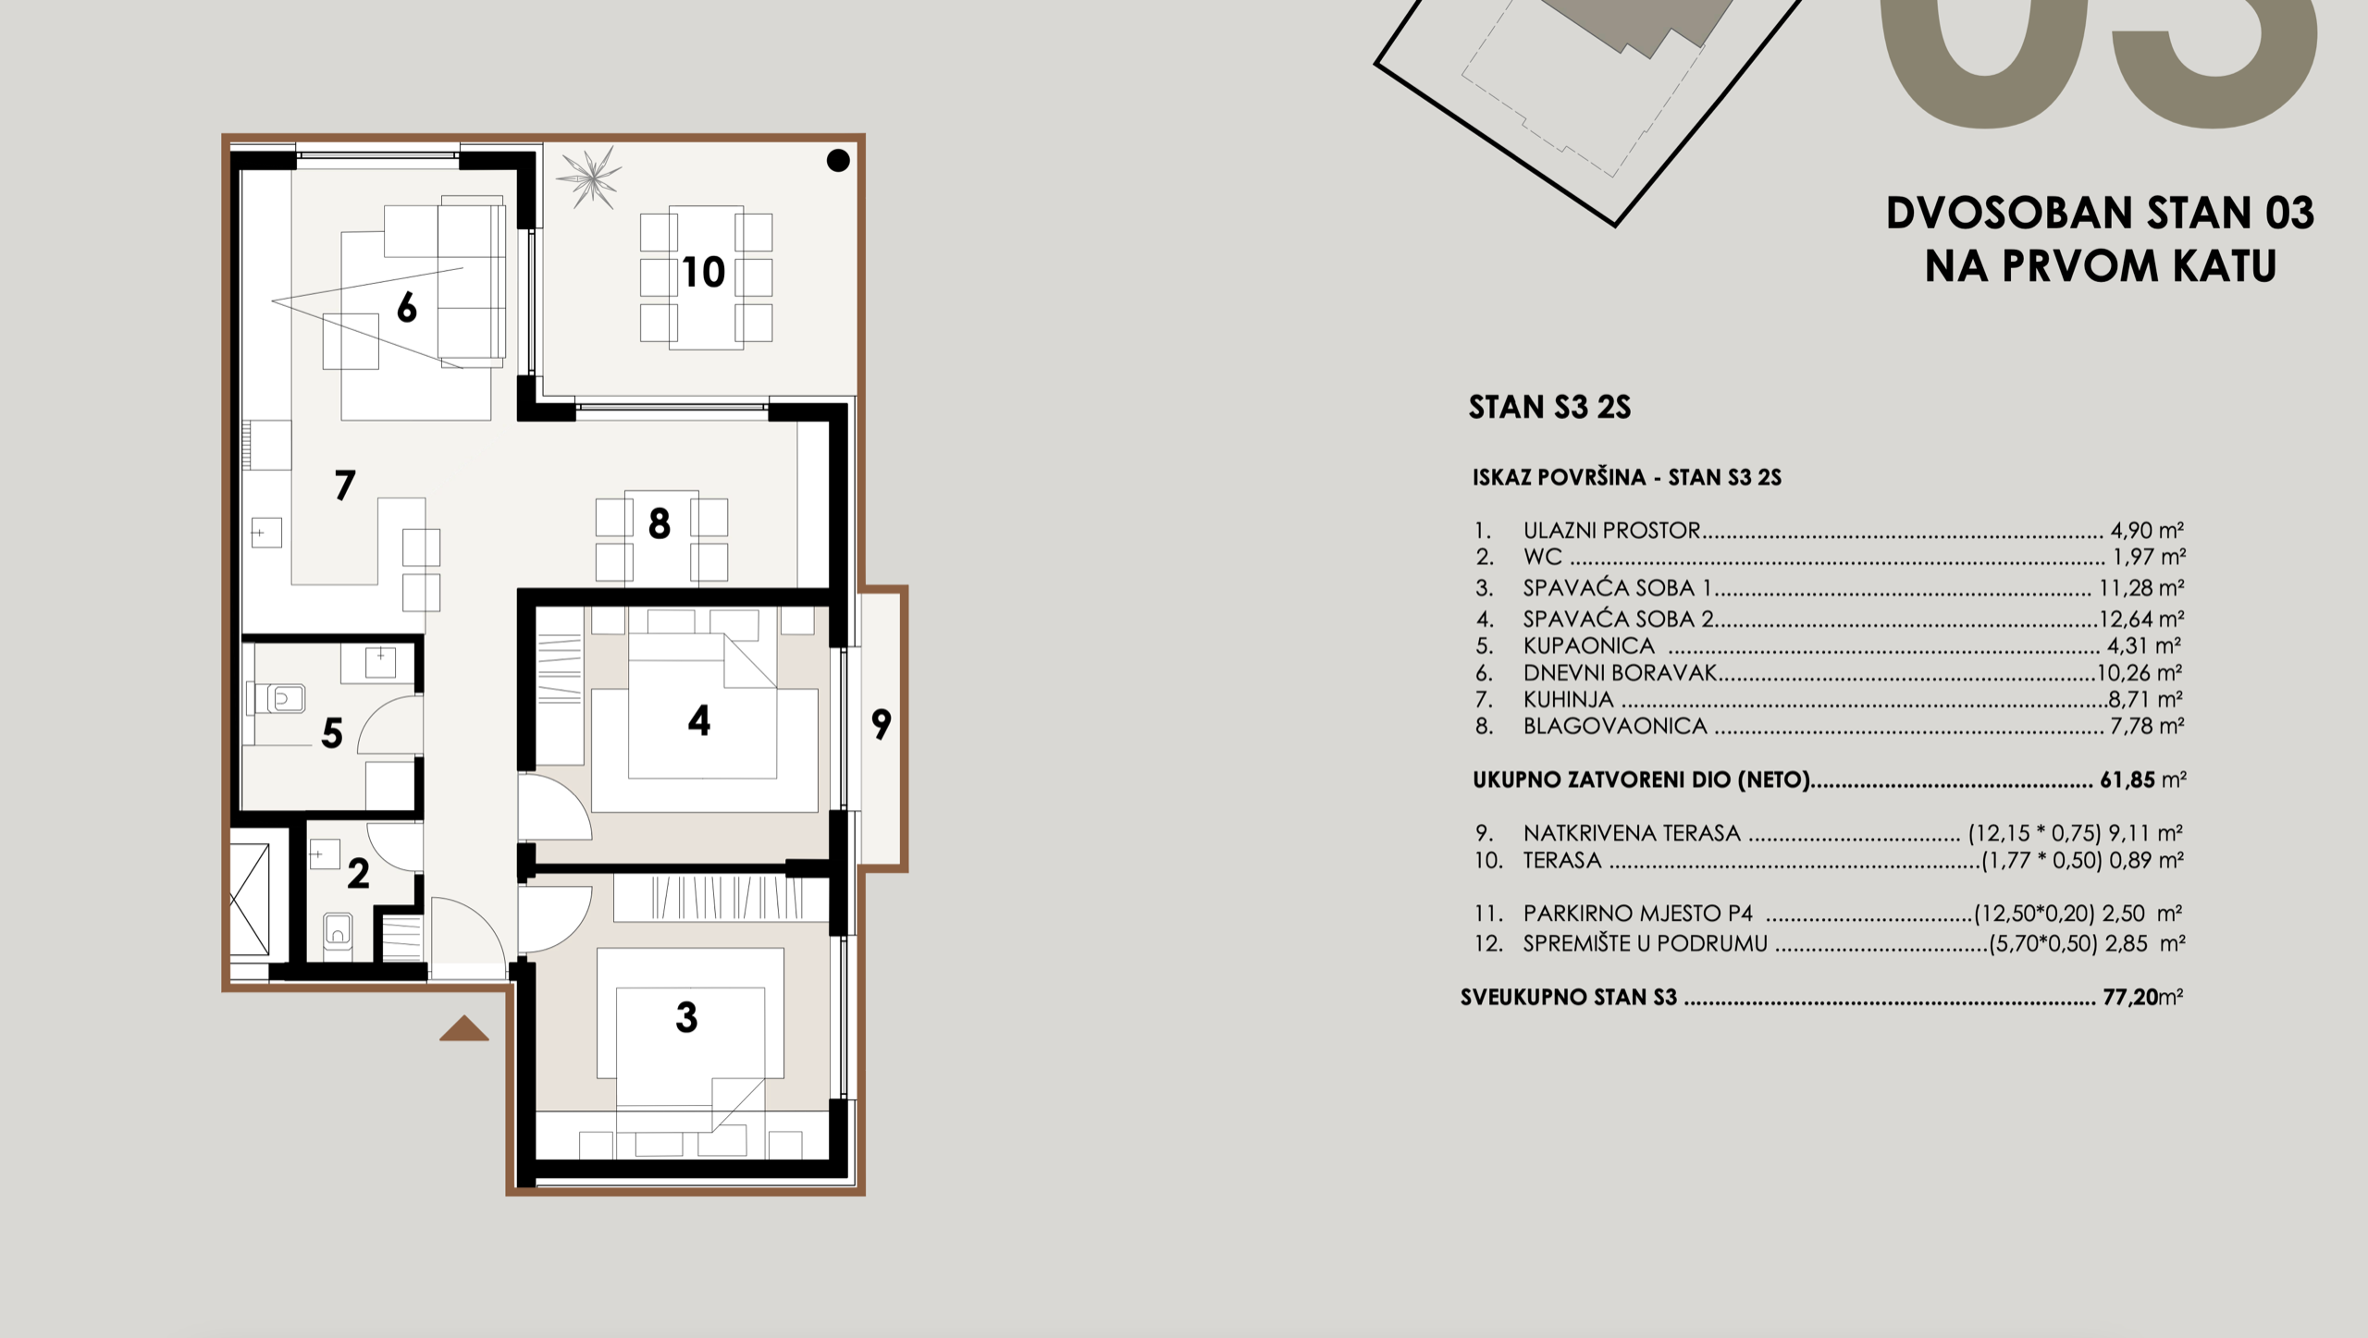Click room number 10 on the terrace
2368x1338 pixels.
[703, 273]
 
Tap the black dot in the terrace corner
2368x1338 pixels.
[838, 161]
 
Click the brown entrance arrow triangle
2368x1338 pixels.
[463, 1029]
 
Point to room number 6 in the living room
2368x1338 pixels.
[406, 308]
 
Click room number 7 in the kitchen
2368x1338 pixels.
[345, 485]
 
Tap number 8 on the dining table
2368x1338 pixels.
[659, 524]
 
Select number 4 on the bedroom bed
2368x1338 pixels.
[699, 721]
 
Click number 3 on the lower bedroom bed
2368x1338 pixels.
[686, 1017]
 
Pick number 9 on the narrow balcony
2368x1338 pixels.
[882, 724]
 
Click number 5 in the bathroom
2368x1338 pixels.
[332, 734]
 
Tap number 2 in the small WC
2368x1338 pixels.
[358, 874]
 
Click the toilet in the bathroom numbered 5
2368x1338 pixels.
[285, 698]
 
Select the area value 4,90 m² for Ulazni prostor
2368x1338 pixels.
[2146, 531]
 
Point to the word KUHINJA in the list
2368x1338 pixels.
[1568, 700]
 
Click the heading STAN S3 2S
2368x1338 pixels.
[1549, 408]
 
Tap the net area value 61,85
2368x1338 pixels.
[2127, 779]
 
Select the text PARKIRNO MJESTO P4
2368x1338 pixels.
[1637, 914]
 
